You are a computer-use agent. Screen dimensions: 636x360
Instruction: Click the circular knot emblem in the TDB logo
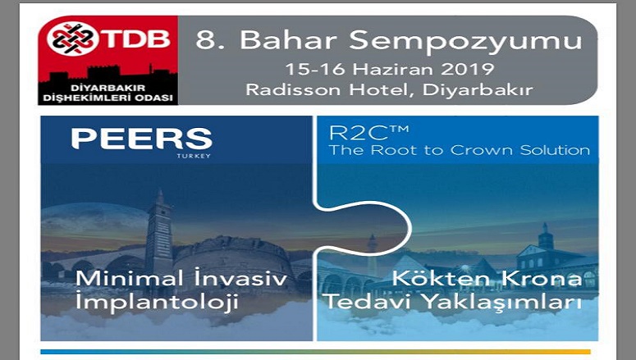[x=72, y=39]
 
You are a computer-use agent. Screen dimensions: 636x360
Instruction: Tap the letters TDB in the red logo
[x=135, y=39]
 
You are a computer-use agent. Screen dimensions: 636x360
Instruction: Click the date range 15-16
[x=315, y=69]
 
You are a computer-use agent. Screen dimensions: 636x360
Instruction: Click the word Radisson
[x=293, y=89]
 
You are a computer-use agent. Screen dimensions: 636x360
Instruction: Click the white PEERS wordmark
[x=142, y=139]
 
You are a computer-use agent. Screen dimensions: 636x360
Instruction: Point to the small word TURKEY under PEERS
[x=194, y=156]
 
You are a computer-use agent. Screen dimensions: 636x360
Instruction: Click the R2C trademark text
[x=368, y=133]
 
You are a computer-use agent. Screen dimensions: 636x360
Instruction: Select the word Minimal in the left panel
[x=130, y=279]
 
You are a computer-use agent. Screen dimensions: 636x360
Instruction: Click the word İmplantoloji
[x=157, y=303]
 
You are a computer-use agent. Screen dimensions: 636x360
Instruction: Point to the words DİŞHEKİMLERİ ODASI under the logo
[x=108, y=98]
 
